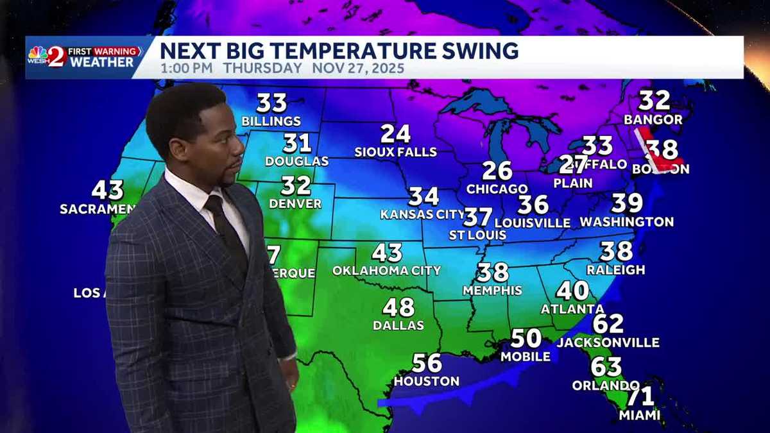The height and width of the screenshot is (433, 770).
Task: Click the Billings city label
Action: (x=271, y=121)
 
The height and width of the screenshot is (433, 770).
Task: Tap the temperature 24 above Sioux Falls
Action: (x=395, y=133)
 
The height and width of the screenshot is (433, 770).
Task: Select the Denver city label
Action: (x=295, y=203)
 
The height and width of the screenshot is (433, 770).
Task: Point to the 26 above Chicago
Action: (x=497, y=171)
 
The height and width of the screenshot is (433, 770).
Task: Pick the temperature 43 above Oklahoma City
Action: (x=387, y=252)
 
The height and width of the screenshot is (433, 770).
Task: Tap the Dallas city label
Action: (x=398, y=325)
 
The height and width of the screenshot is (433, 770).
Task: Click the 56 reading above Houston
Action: (x=427, y=363)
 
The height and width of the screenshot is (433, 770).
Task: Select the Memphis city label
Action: (x=493, y=290)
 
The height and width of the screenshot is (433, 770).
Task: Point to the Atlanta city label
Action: (x=572, y=309)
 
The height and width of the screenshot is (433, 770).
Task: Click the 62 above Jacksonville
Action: (x=608, y=324)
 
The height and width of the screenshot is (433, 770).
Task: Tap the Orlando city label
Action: (x=606, y=386)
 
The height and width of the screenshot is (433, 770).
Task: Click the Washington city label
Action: (x=627, y=222)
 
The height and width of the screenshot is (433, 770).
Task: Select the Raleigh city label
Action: (x=616, y=269)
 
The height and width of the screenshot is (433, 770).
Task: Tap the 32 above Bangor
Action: (x=654, y=100)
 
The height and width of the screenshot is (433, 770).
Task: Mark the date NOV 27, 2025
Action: (x=358, y=68)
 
